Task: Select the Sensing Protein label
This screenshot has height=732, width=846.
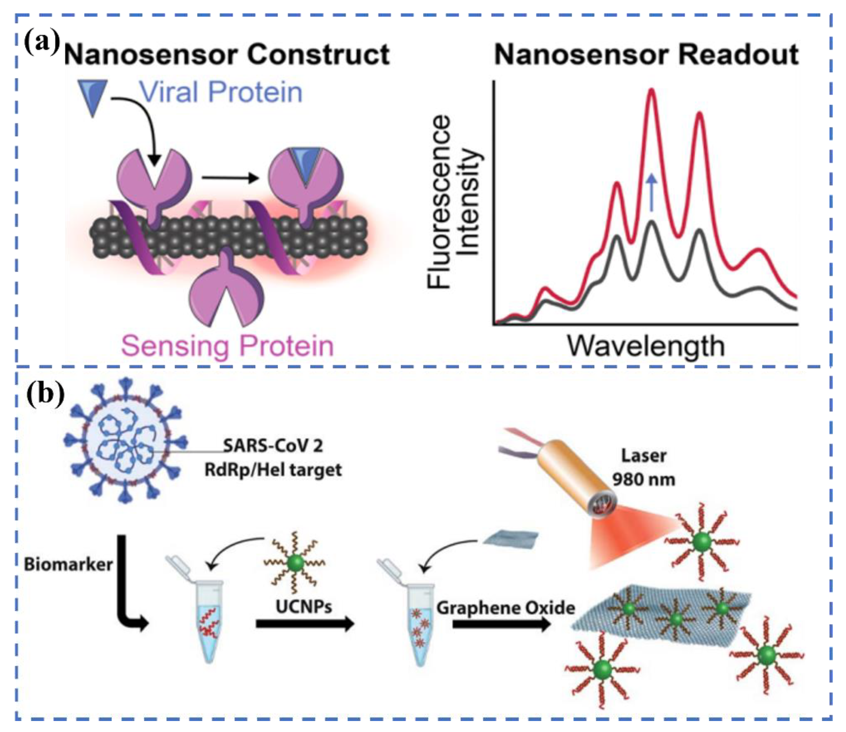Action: pos(227,346)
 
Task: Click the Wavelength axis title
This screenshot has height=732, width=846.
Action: pos(646,346)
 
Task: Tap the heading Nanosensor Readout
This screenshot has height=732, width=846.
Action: pos(646,54)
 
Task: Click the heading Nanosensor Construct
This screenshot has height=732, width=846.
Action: pos(227,54)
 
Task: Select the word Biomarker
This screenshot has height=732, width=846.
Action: pos(68,565)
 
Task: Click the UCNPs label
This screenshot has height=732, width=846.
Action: pos(304,607)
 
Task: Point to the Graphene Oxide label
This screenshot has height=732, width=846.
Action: pos(506,608)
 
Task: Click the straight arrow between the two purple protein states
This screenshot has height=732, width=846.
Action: pos(231,178)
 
